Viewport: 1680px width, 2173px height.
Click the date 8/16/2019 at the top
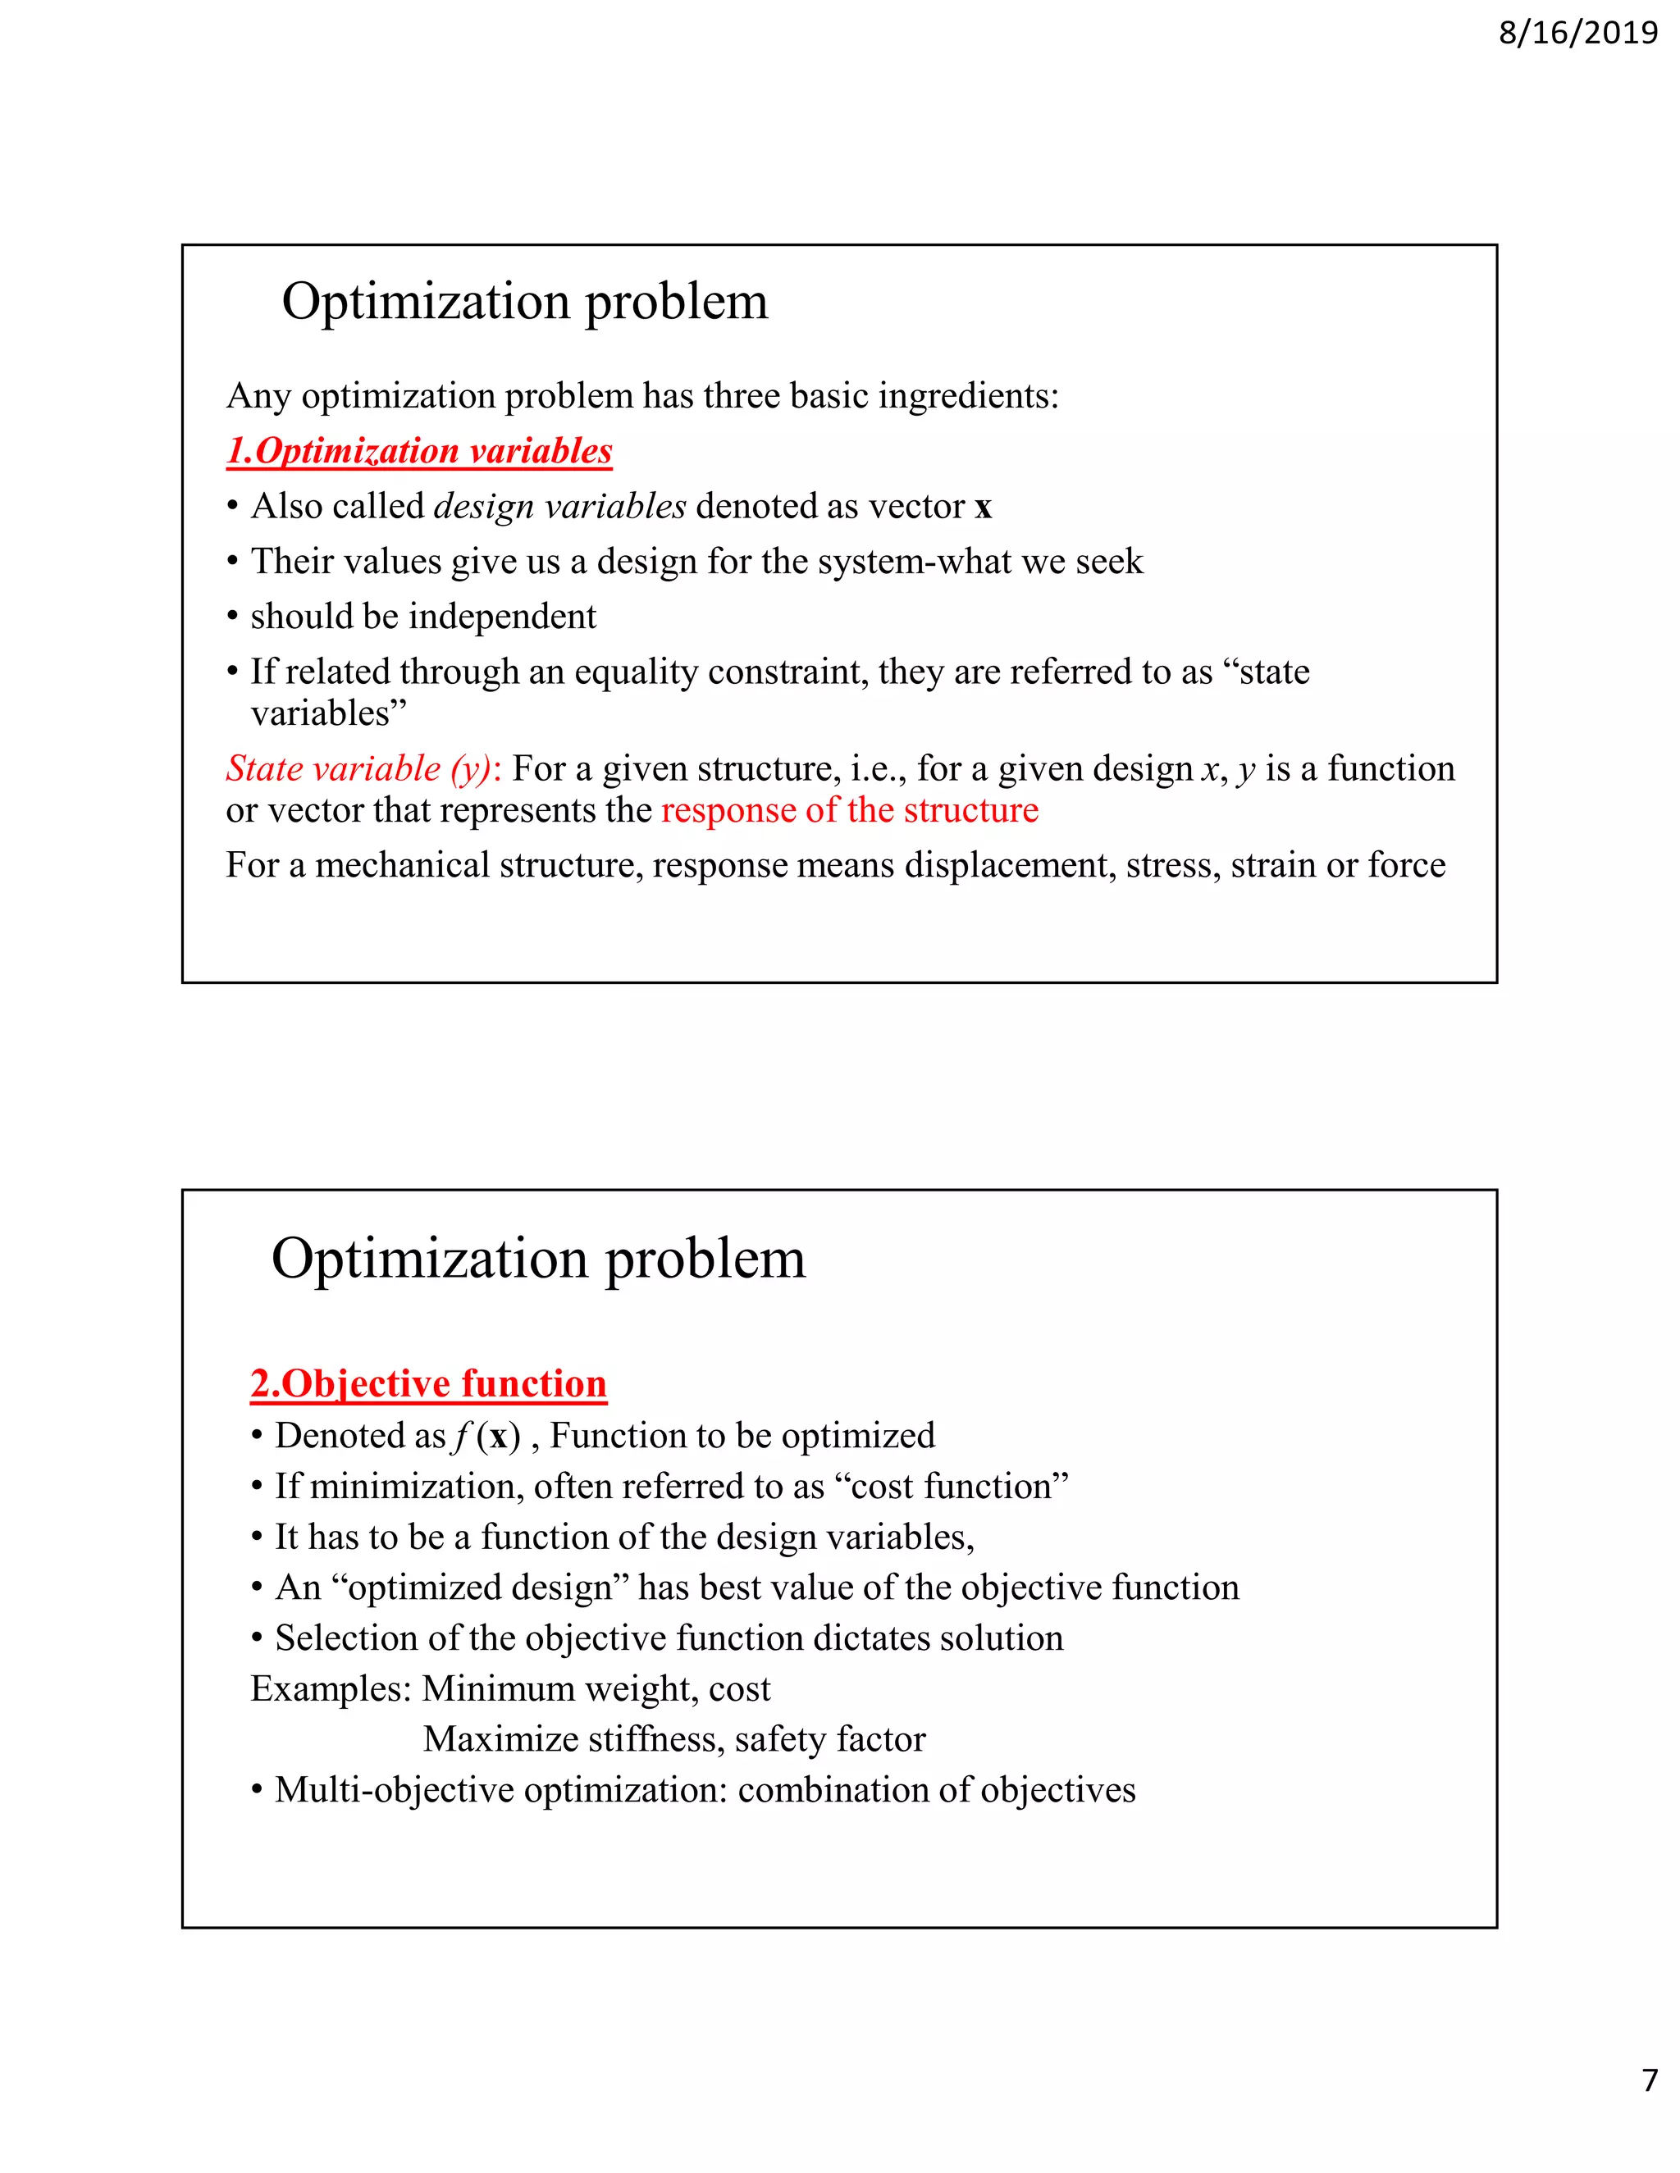(1577, 33)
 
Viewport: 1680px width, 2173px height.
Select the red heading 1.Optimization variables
(419, 451)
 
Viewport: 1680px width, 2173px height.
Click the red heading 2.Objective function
(428, 1383)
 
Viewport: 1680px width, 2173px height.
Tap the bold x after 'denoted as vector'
(984, 508)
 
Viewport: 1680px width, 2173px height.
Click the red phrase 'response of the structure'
(849, 810)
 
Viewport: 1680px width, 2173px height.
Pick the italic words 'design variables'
(559, 507)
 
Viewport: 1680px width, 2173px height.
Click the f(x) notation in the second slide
(486, 1436)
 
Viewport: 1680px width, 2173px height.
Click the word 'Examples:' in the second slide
(331, 1688)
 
